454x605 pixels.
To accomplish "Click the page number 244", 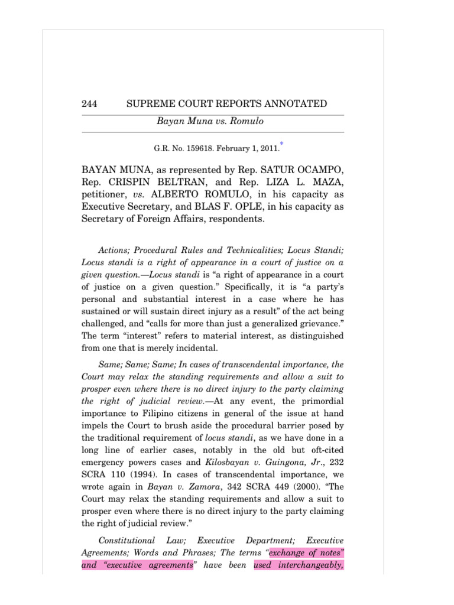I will click(89, 104).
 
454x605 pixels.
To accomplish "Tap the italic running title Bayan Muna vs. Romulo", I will click(202, 121).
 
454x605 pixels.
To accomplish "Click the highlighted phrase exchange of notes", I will click(306, 552).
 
